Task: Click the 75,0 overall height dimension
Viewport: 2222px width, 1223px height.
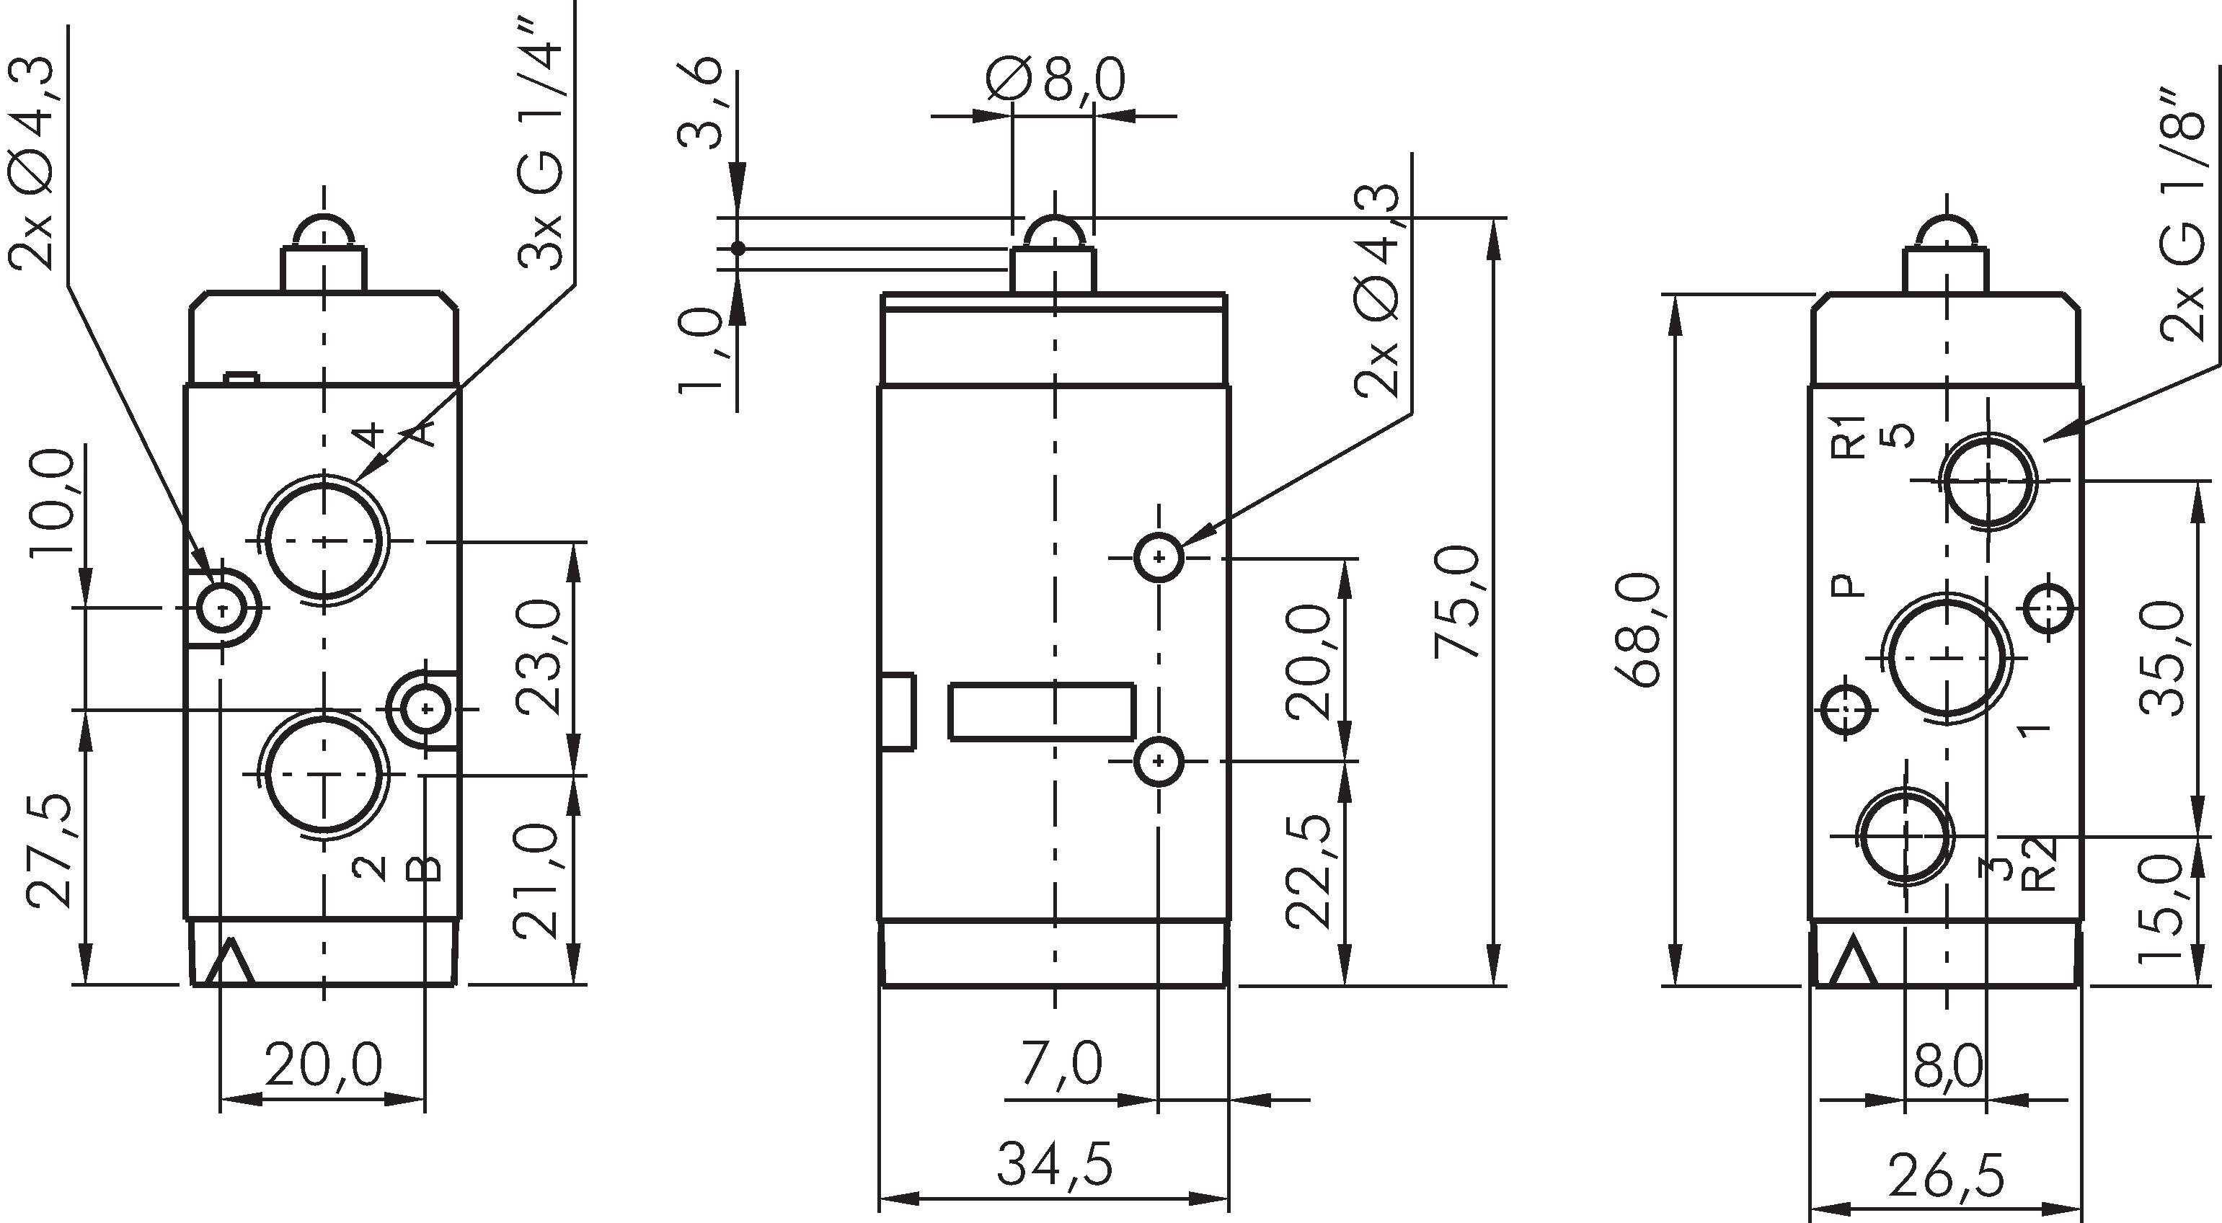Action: [1457, 601]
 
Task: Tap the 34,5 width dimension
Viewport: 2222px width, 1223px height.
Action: [1054, 1165]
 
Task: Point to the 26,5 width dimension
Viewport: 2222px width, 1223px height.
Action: [1945, 1175]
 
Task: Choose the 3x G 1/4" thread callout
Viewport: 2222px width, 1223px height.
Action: [541, 138]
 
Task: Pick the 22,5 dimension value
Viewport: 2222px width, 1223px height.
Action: [1309, 871]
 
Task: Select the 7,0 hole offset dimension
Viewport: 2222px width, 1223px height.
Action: [1061, 1064]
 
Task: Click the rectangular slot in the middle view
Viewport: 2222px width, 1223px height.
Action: [1041, 711]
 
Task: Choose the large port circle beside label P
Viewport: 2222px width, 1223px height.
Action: [1945, 657]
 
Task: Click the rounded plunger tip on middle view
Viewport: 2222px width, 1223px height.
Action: [1054, 233]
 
